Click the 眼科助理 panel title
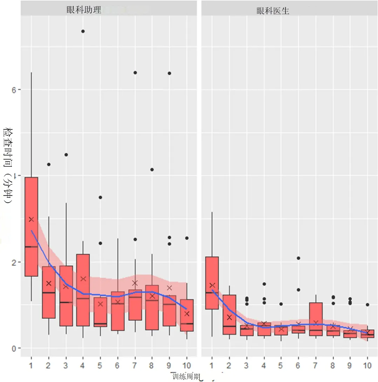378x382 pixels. (84, 10)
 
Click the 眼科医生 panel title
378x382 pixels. (273, 11)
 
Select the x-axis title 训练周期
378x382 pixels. (186, 377)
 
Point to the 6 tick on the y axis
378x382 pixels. (14, 90)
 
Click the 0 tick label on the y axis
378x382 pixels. (14, 349)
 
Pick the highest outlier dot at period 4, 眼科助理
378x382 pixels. (83, 31)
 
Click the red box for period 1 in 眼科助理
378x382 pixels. (32, 227)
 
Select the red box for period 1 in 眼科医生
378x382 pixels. (212, 283)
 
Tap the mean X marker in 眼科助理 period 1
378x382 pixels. (31, 219)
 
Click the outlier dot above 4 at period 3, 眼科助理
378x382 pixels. (66, 155)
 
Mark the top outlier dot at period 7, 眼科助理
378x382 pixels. (135, 73)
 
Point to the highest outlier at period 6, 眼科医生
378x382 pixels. (298, 258)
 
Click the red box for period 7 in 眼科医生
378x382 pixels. (316, 319)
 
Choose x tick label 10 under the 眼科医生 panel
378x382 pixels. (367, 365)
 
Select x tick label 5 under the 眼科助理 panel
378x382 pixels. (100, 365)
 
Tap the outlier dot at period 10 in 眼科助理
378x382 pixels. (187, 238)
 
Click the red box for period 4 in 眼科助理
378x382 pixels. (83, 290)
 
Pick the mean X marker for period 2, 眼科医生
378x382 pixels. (229, 317)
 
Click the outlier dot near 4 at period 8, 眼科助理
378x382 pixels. (152, 170)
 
